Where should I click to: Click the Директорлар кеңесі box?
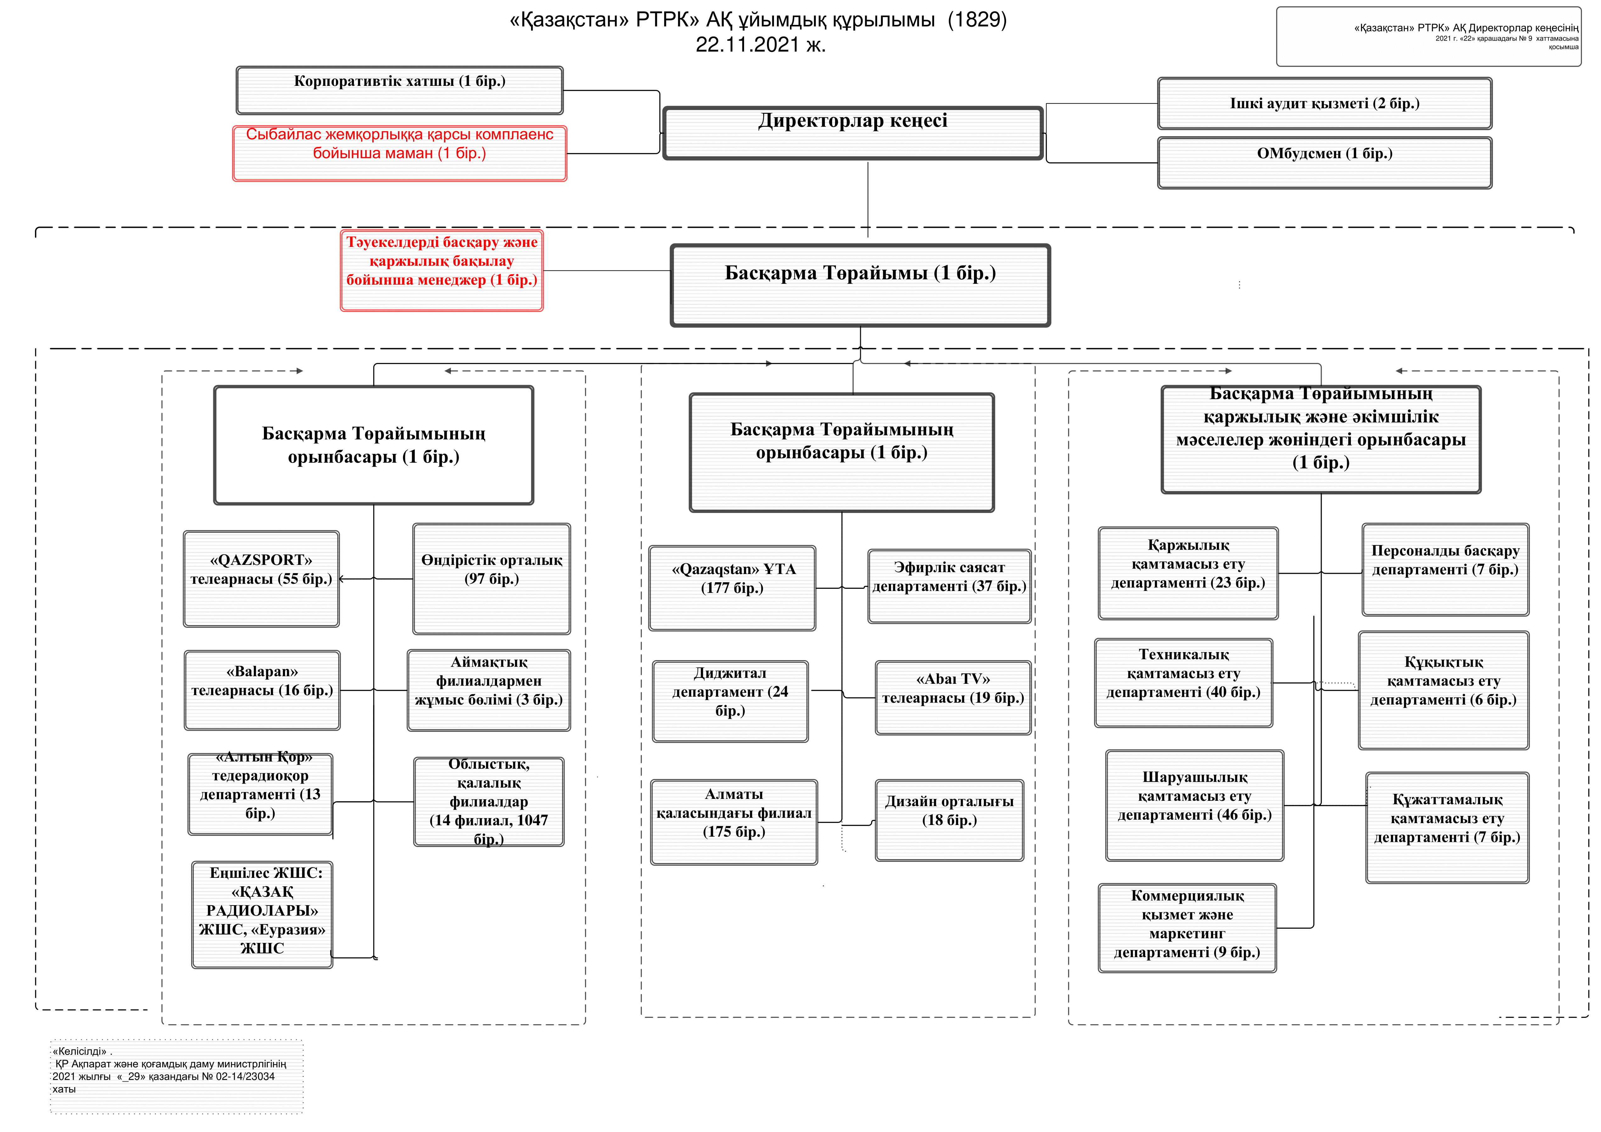853,133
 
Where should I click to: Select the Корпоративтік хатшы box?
400,91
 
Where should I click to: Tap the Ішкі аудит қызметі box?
1324,103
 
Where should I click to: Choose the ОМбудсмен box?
1324,163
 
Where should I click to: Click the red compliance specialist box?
400,153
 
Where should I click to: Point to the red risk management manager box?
441,270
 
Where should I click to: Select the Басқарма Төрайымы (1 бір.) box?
860,285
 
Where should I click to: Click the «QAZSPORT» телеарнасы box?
261,579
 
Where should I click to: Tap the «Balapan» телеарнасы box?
262,690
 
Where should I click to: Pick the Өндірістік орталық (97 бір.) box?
492,578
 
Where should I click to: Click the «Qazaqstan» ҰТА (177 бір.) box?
732,588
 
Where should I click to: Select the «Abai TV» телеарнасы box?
953,698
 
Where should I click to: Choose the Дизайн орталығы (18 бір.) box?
950,820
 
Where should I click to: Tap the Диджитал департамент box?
730,701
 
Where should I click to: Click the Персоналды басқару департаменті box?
1446,570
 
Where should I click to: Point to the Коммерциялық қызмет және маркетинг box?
1188,928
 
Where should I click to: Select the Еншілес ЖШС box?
262,915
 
